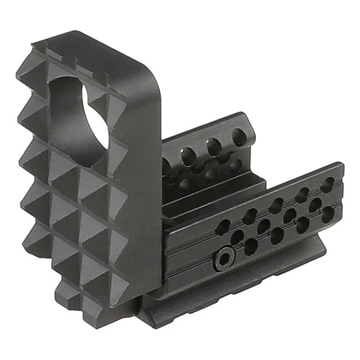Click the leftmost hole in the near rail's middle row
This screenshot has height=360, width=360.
tap(237, 236)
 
